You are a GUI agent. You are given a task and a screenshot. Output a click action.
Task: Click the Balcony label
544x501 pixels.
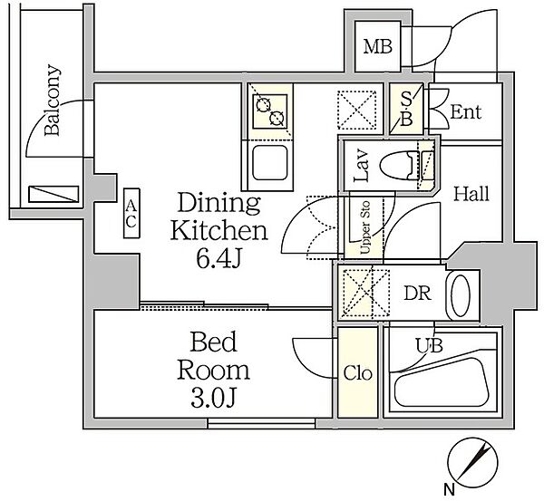click(53, 100)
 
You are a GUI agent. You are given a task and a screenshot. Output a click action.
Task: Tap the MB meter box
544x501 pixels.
click(377, 46)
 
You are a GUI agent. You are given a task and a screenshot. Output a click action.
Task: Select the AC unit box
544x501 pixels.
click(131, 213)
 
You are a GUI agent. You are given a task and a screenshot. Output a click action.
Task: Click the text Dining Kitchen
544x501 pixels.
click(219, 217)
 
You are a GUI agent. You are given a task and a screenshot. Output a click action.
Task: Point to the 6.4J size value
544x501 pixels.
click(219, 258)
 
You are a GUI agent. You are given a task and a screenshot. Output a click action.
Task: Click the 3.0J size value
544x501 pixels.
click(214, 399)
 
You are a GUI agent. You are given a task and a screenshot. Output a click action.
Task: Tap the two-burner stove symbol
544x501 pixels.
click(270, 111)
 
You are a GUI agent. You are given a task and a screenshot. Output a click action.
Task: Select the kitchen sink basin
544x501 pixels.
click(270, 162)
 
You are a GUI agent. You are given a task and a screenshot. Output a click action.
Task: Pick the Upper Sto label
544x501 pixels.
click(364, 227)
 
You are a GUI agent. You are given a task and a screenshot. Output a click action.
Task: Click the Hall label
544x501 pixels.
click(471, 194)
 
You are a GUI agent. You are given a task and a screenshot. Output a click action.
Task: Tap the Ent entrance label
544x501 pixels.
click(466, 112)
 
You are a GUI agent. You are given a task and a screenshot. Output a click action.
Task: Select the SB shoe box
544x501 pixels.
click(406, 109)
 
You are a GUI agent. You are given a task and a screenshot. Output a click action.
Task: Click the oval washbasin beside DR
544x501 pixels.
click(460, 295)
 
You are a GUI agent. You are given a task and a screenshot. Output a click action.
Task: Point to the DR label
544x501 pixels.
click(417, 294)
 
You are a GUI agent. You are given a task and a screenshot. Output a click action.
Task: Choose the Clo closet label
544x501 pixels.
click(358, 373)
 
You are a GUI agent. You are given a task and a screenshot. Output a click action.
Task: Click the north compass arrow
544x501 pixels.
click(473, 461)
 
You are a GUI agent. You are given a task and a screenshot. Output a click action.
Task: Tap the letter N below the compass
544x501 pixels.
click(450, 490)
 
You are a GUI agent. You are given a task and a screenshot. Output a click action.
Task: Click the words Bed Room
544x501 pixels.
click(214, 355)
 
